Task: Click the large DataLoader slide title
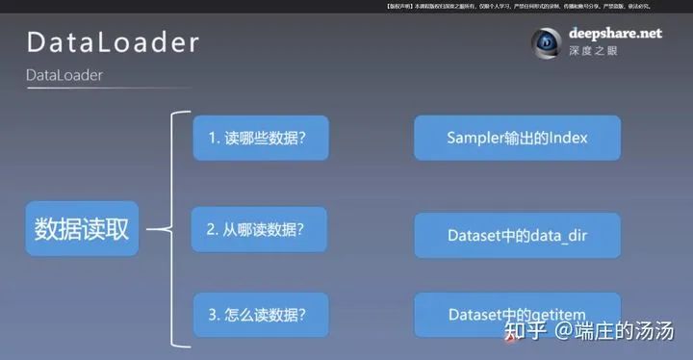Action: click(114, 42)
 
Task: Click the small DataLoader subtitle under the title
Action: click(64, 74)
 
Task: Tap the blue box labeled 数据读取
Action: click(82, 229)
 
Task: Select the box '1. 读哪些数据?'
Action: click(260, 138)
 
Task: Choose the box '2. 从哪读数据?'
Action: click(259, 229)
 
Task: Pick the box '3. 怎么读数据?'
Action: click(259, 314)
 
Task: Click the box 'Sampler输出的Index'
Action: click(517, 138)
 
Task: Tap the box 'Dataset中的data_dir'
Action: click(517, 234)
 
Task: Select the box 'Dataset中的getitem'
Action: click(517, 314)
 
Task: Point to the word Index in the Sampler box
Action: click(569, 138)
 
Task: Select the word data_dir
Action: click(560, 234)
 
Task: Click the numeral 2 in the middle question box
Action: click(212, 229)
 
